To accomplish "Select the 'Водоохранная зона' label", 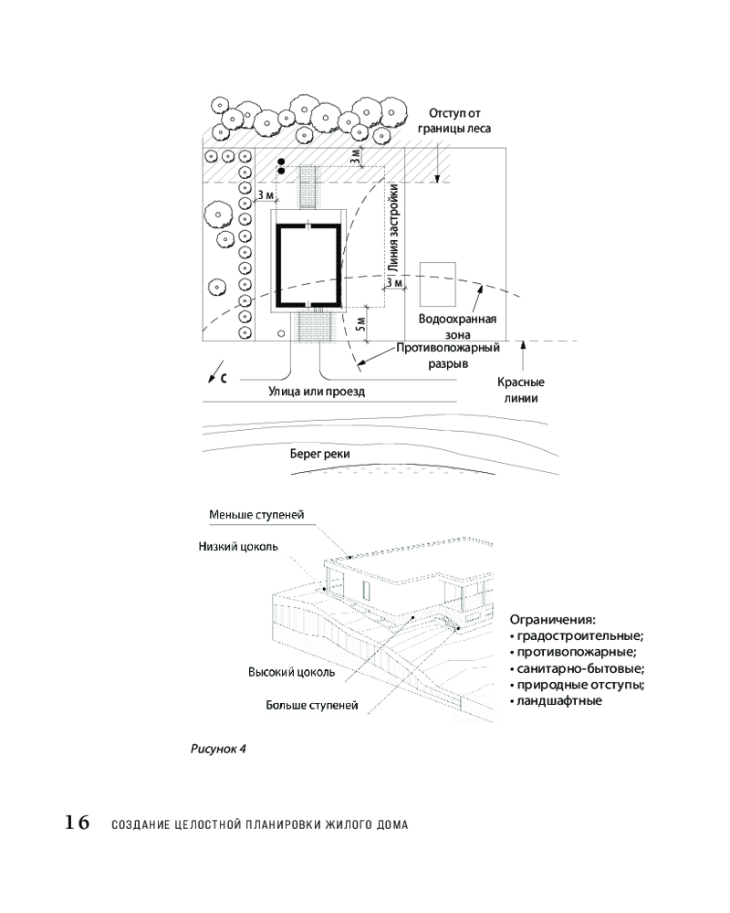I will tap(456, 327).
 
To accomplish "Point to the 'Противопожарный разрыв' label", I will tap(448, 355).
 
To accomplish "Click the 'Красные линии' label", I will tap(521, 390).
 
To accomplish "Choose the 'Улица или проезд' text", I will tap(317, 392).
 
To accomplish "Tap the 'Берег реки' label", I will tap(320, 454).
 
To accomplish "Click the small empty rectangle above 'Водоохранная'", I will tap(437, 285).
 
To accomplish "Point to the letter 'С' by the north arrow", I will tap(223, 380).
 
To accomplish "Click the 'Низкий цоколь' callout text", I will tap(238, 547).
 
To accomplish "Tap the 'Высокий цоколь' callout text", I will tap(291, 672).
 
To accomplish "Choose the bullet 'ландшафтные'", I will tap(559, 700).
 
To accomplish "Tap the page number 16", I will tap(77, 823).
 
